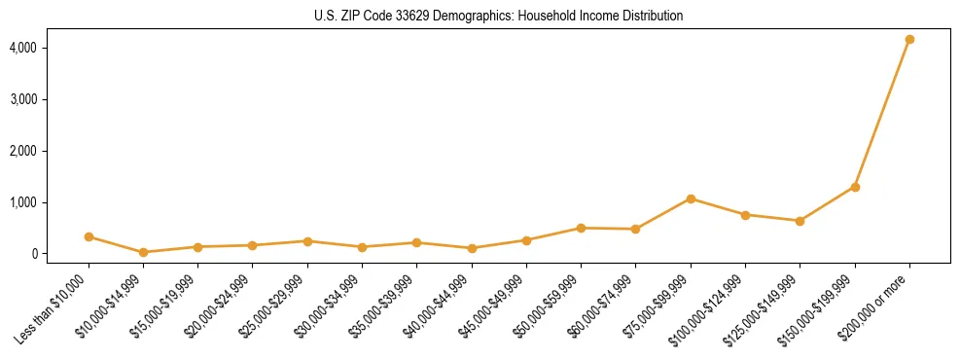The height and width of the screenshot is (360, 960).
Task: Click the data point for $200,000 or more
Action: click(x=909, y=40)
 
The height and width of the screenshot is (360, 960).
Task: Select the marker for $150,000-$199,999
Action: click(x=855, y=187)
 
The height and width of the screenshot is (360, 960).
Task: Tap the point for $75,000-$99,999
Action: click(x=691, y=198)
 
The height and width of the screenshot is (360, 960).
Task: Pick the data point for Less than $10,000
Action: click(x=89, y=236)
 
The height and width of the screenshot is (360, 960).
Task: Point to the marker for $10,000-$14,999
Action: click(x=143, y=252)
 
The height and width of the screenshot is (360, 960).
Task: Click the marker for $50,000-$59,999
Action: click(x=581, y=228)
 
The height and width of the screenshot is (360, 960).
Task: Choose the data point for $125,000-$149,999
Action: click(x=800, y=221)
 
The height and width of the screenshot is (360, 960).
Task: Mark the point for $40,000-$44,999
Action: click(x=472, y=248)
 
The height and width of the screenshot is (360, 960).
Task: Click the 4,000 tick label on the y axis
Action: click(x=52, y=48)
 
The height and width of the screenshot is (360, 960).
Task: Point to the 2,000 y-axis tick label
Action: click(x=52, y=151)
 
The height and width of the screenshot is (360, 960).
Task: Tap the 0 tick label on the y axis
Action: click(x=62, y=254)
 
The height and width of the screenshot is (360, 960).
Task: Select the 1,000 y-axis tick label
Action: click(x=52, y=202)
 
